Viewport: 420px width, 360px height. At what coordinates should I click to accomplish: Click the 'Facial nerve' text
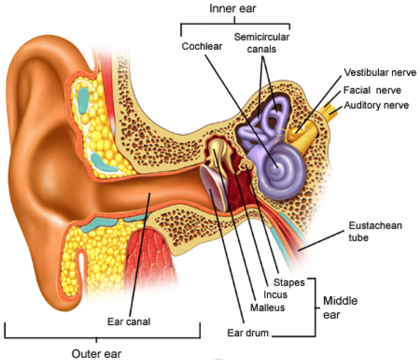coord(372,90)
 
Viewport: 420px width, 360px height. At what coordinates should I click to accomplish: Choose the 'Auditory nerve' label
coord(377,105)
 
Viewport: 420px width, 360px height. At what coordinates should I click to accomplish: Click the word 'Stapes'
coord(289,283)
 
